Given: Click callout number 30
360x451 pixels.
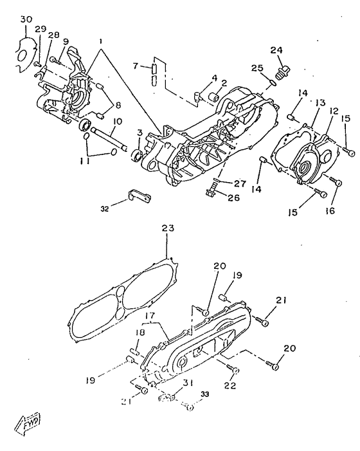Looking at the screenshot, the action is point(26,20).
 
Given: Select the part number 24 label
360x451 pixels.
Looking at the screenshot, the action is point(276,50).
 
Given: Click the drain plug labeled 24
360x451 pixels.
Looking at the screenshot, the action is point(283,72).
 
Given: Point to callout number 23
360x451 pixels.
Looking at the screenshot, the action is point(168,228).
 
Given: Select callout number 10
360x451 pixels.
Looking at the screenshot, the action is point(118,122).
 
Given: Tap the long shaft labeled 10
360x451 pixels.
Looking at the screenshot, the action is point(109,139).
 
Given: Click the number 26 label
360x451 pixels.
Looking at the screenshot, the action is point(233,198).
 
